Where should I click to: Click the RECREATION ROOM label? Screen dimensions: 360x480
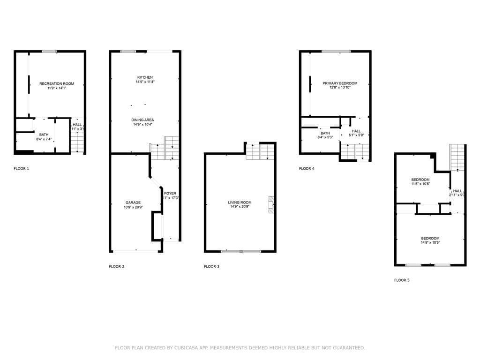[57, 83]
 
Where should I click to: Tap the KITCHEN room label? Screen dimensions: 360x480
[145, 77]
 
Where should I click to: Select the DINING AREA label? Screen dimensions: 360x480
[142, 120]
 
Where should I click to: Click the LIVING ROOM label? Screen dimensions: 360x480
[240, 202]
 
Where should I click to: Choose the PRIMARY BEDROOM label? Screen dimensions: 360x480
[340, 83]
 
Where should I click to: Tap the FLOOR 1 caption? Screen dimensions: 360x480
[21, 168]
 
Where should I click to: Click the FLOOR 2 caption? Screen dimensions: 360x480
[117, 266]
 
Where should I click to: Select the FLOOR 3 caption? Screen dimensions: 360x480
[211, 266]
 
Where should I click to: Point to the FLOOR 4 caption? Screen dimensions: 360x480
[307, 168]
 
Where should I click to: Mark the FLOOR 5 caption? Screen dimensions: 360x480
[402, 280]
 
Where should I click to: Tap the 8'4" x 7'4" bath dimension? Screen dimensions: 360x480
[44, 139]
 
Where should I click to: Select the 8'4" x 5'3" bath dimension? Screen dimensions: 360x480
[325, 137]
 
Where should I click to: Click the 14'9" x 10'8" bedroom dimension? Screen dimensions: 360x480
[430, 242]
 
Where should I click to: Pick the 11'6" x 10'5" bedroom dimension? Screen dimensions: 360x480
[420, 184]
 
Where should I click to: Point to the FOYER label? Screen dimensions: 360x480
[170, 193]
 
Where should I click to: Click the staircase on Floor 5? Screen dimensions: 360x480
[457, 157]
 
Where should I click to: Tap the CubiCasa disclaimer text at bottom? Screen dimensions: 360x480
[240, 348]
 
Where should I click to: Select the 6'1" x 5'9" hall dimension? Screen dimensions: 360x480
[356, 135]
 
